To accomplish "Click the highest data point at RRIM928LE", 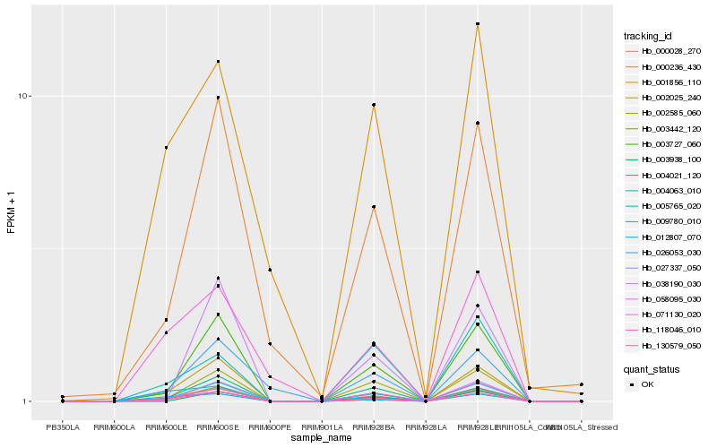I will [478, 24].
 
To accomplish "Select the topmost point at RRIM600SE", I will [218, 62].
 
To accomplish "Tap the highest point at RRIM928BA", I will [374, 105].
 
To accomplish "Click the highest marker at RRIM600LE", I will [166, 147].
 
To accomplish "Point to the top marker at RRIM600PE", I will [270, 270].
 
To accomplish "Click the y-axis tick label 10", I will [25, 97].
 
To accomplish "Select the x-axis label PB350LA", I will [63, 427].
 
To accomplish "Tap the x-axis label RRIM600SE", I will [218, 427].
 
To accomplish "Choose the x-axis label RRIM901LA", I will [322, 427].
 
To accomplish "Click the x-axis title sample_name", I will [322, 438].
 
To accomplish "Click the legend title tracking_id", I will [648, 36].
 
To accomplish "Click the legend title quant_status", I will [651, 368].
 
